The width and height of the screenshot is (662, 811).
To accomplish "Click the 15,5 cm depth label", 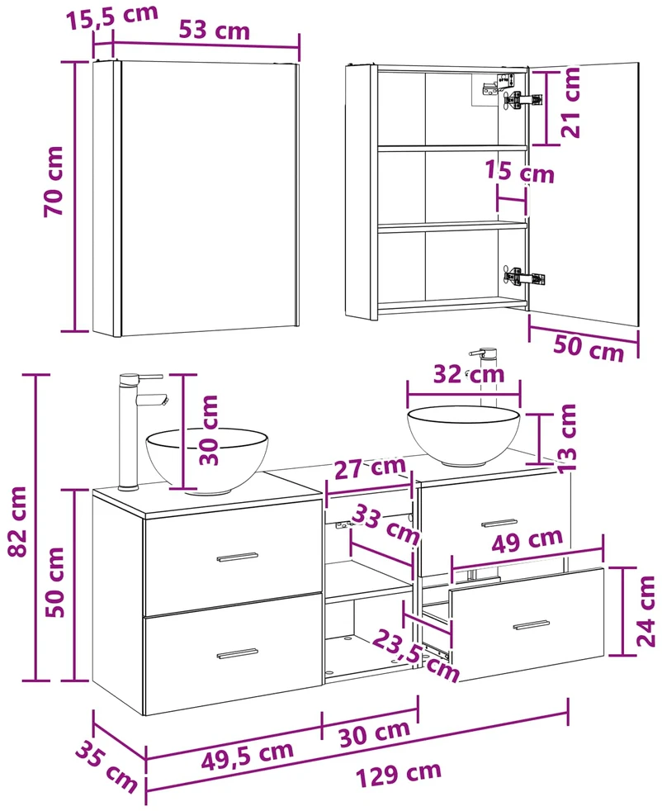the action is coord(112,17).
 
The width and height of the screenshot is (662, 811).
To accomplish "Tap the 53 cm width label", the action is coord(215,31).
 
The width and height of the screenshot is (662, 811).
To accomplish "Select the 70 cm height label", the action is coord(53,181).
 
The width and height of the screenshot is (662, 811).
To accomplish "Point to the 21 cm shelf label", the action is coord(571,103).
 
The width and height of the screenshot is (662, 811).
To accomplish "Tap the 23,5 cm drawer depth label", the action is coord(416,655).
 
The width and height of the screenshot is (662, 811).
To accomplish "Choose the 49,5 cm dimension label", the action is coord(247,755).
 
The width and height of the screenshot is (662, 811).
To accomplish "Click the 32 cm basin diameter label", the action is coord(468,373).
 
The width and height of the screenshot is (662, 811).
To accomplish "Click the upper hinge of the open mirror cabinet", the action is coord(522,99).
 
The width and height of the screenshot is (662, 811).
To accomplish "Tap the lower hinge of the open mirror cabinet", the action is coord(524,277).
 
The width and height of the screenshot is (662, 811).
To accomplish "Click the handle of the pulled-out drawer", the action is coord(532,625).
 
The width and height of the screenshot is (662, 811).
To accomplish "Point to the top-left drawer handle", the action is coord(237,557).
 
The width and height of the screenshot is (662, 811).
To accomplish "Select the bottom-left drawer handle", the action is coord(237,654).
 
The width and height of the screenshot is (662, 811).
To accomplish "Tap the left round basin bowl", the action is coord(207,460).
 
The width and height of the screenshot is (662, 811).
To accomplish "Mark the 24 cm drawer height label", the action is coord(645,612).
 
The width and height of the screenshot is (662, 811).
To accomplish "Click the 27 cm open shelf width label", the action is coord(370,468).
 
